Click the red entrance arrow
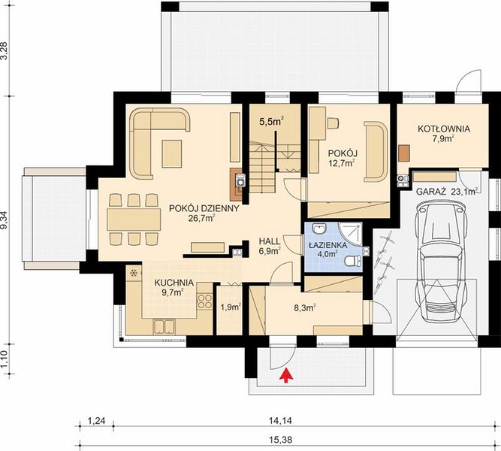287,375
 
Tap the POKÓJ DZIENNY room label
204,208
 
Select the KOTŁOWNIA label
444,129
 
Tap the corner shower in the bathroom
351,234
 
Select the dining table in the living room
134,219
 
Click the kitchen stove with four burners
204,301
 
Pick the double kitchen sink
164,326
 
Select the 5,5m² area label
272,122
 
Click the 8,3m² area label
305,307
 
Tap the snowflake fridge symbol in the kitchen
133,273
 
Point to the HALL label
270,241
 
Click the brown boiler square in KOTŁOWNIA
404,153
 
